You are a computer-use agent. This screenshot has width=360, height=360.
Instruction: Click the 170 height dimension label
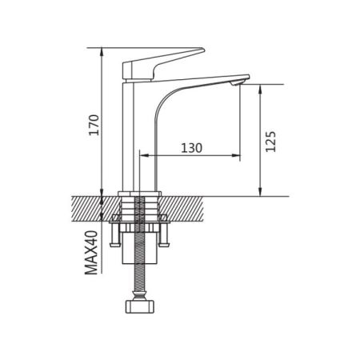(94, 125)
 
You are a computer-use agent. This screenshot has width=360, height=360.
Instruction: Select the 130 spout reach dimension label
(191, 148)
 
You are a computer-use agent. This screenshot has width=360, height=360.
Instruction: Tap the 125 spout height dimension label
(270, 142)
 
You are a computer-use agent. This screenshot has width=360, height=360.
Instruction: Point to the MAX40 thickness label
(91, 253)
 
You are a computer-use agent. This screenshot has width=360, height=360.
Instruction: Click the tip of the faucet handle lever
(203, 50)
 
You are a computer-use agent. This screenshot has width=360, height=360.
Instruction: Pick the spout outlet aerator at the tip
(236, 84)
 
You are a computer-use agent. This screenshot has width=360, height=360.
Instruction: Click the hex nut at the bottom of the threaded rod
(140, 306)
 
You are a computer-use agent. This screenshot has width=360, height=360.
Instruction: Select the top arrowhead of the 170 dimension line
(102, 51)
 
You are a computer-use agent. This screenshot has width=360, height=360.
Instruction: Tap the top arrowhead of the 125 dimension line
(260, 88)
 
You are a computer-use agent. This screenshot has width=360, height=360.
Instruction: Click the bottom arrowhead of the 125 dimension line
(260, 193)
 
